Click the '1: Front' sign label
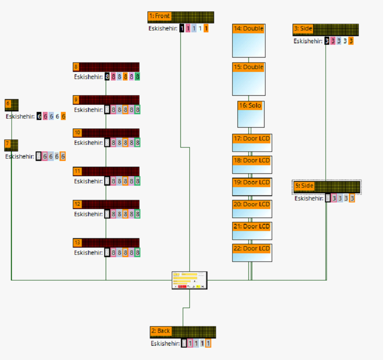159,16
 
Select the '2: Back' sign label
161,331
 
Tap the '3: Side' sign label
303,29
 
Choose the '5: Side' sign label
304,185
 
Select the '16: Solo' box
250,114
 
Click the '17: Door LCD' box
252,142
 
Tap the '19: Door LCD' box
252,186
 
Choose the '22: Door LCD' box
252,252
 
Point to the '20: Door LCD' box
252,208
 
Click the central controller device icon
189,280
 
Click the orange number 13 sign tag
78,243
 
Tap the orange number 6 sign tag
8,103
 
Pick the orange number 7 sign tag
8,143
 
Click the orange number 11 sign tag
77,171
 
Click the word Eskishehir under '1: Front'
163,29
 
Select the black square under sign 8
108,76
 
